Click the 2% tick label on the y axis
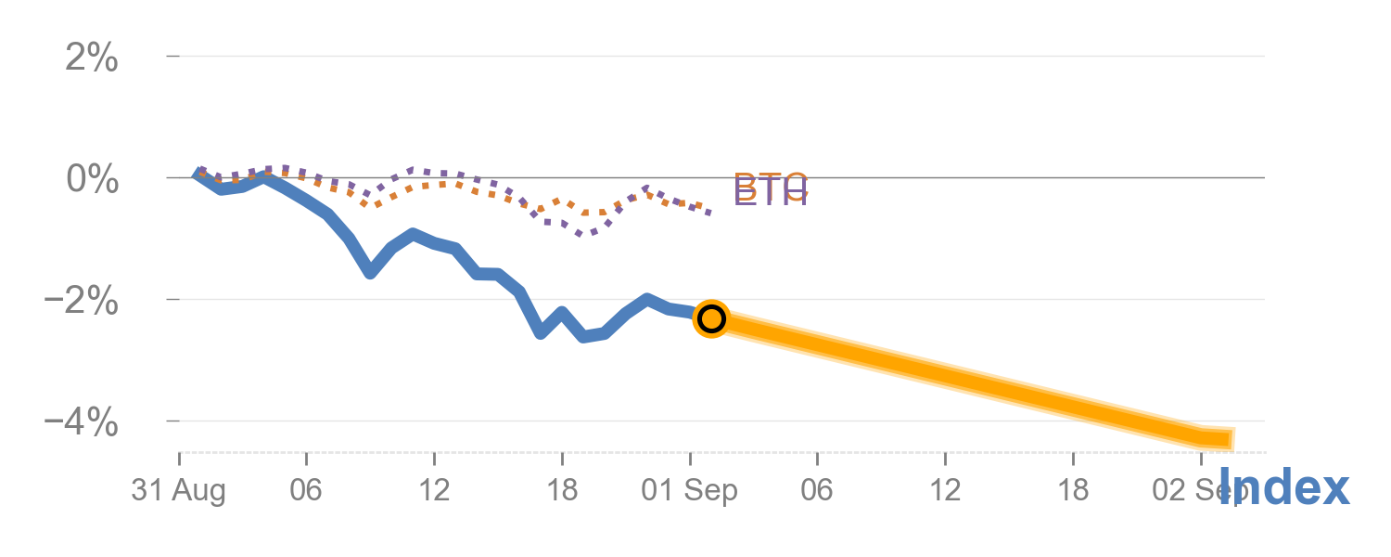click(92, 58)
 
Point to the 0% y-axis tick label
click(92, 179)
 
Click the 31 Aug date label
click(178, 491)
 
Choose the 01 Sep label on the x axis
click(690, 491)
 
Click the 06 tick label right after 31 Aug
click(306, 491)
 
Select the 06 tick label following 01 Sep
click(817, 491)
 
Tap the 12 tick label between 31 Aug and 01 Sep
click(434, 491)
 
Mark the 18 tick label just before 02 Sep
click(1073, 491)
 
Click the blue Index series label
click(1283, 488)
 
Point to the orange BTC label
click(771, 184)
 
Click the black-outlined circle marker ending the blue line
click(711, 318)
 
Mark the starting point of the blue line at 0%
click(198, 174)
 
